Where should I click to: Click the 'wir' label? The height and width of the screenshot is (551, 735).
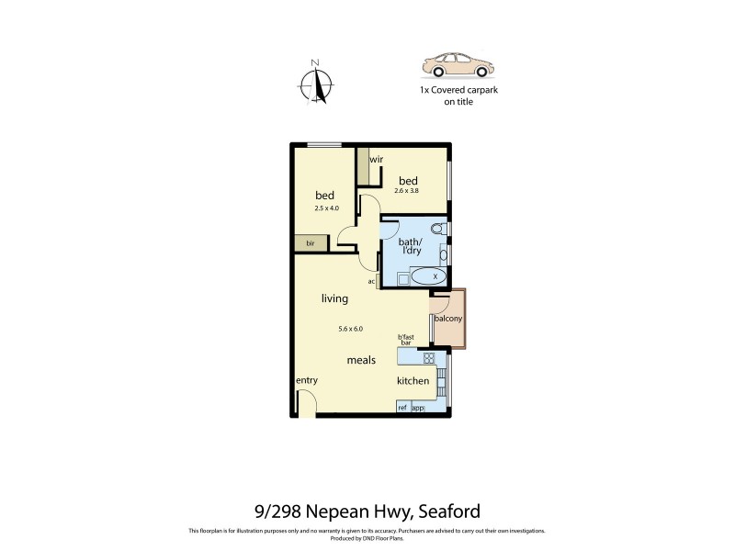[x=377, y=159]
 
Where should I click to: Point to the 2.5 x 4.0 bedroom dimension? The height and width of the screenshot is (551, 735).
[x=326, y=208]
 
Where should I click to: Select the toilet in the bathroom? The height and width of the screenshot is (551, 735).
[x=438, y=229]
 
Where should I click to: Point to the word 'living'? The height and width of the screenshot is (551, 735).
[x=334, y=298]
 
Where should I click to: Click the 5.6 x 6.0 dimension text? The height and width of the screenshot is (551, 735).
[x=351, y=329]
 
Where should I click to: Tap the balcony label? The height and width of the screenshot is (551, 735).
[x=448, y=319]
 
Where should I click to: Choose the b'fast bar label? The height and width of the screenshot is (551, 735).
[x=406, y=339]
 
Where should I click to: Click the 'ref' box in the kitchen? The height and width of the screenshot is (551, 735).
[x=402, y=407]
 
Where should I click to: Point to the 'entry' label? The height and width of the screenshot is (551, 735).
[x=306, y=380]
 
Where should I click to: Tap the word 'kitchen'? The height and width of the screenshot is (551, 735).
[x=413, y=380]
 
